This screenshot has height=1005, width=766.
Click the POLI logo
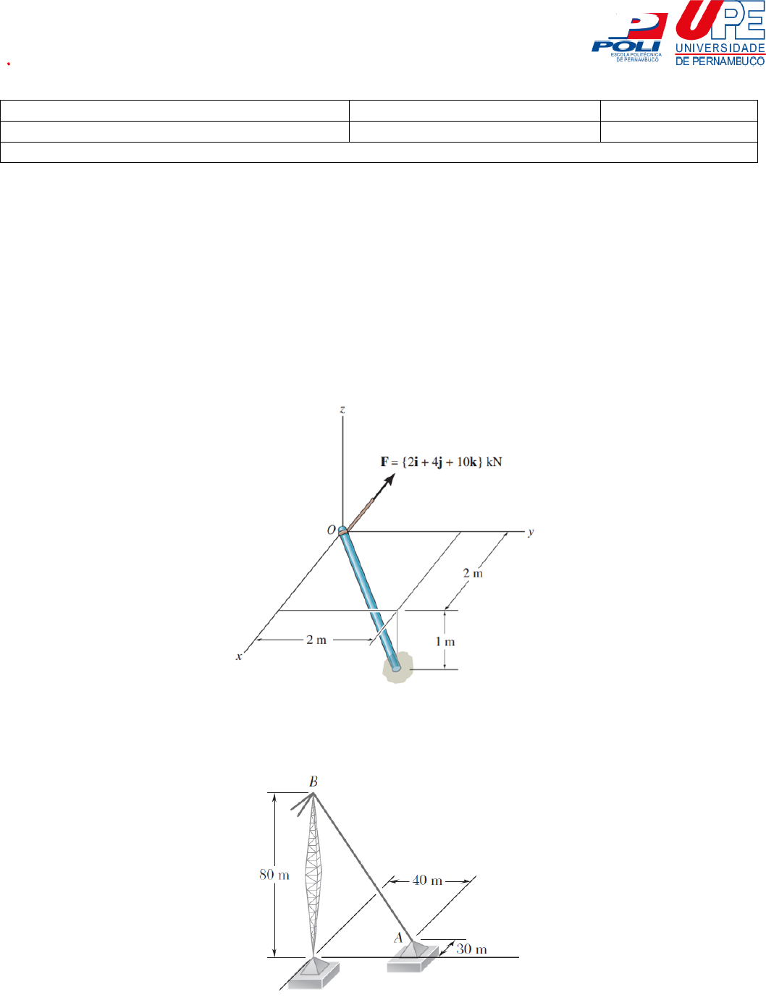click(629, 38)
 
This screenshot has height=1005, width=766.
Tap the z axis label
click(342, 409)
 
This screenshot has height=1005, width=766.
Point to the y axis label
click(531, 532)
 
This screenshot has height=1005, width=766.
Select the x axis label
click(239, 656)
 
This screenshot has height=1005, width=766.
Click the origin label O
click(331, 530)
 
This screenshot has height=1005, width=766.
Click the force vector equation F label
click(441, 462)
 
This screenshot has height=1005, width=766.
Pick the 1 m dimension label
click(445, 642)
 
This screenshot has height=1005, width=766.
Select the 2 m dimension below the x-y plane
click(316, 640)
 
